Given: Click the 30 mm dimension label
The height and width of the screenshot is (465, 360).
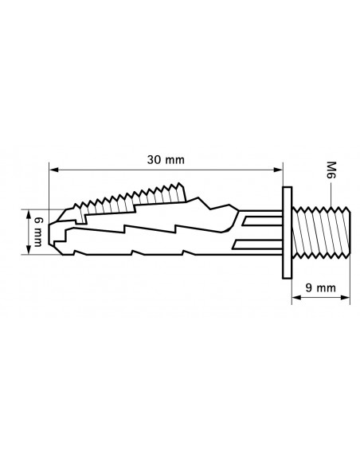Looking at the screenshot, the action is (166, 160).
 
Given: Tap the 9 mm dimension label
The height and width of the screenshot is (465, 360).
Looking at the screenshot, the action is (320, 287).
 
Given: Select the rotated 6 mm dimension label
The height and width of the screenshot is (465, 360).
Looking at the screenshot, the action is (37, 232).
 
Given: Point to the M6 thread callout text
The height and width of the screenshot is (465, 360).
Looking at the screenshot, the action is (331, 170).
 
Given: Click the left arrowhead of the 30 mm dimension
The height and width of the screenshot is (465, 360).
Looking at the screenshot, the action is (53, 170).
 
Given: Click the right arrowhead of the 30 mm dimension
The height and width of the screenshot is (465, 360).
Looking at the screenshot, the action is (278, 170).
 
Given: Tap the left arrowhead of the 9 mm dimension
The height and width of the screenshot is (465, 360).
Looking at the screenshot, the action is (296, 297).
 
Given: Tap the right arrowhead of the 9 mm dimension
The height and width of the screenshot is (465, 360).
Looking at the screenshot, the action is (345, 297).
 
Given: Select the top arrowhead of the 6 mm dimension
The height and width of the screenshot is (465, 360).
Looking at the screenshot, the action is (29, 214).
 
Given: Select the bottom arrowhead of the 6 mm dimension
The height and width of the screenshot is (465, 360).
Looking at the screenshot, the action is (29, 250).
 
